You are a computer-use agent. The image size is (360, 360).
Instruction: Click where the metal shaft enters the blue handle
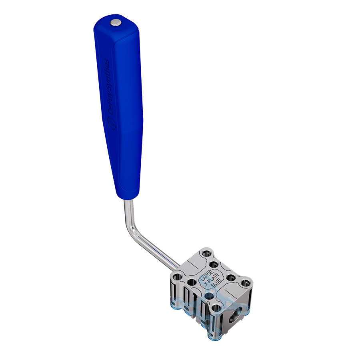[127, 200]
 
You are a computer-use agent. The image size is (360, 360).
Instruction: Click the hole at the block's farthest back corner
[206, 253]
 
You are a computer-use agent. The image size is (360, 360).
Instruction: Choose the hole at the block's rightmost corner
[245, 284]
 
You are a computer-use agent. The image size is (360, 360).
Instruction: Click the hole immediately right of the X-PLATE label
[230, 277]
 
